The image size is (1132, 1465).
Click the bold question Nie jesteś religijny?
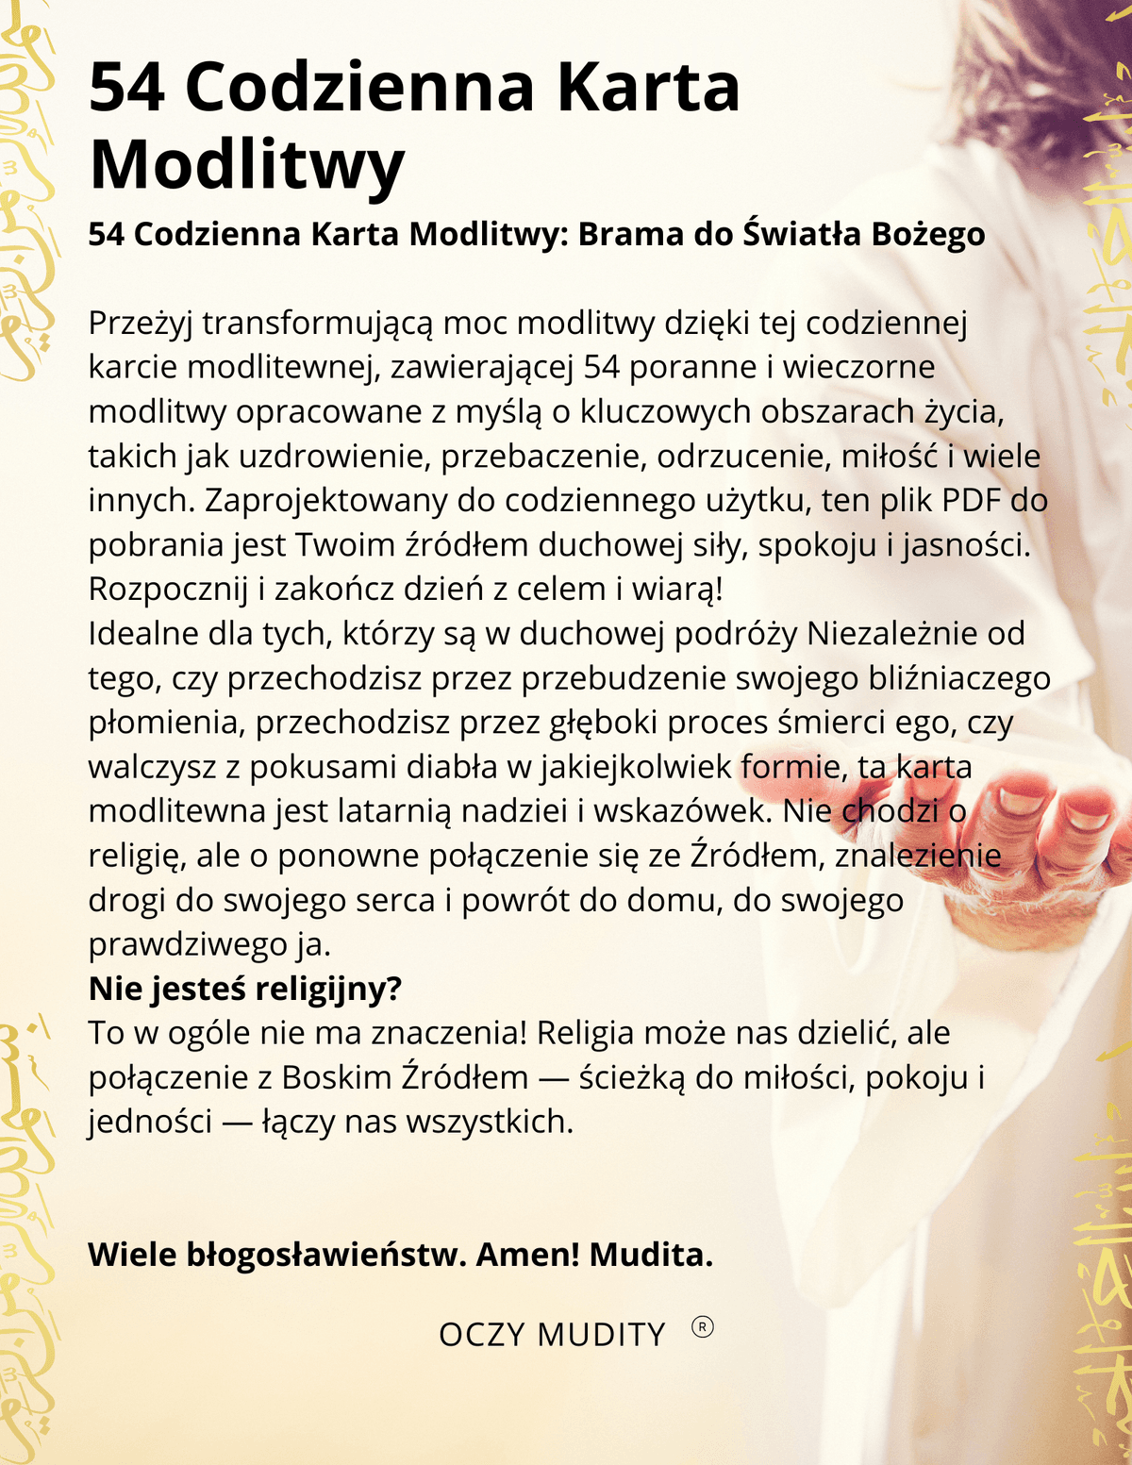point(245,989)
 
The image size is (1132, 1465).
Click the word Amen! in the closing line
point(527,1255)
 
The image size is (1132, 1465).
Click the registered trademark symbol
point(703,1327)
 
